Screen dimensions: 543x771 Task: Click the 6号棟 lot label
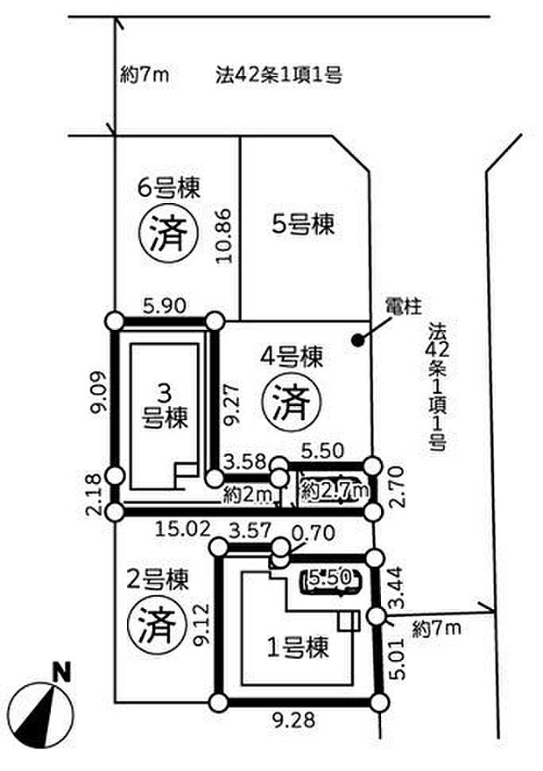click(169, 187)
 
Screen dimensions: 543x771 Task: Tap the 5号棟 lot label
click(302, 225)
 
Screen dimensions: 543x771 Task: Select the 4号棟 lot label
click(293, 357)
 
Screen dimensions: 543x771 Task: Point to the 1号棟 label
click(298, 648)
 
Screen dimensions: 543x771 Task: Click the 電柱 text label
click(404, 306)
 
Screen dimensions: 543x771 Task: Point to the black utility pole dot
click(356, 340)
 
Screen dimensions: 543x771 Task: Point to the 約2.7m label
click(334, 494)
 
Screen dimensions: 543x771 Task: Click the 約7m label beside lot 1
click(437, 627)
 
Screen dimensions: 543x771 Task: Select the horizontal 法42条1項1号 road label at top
click(278, 75)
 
